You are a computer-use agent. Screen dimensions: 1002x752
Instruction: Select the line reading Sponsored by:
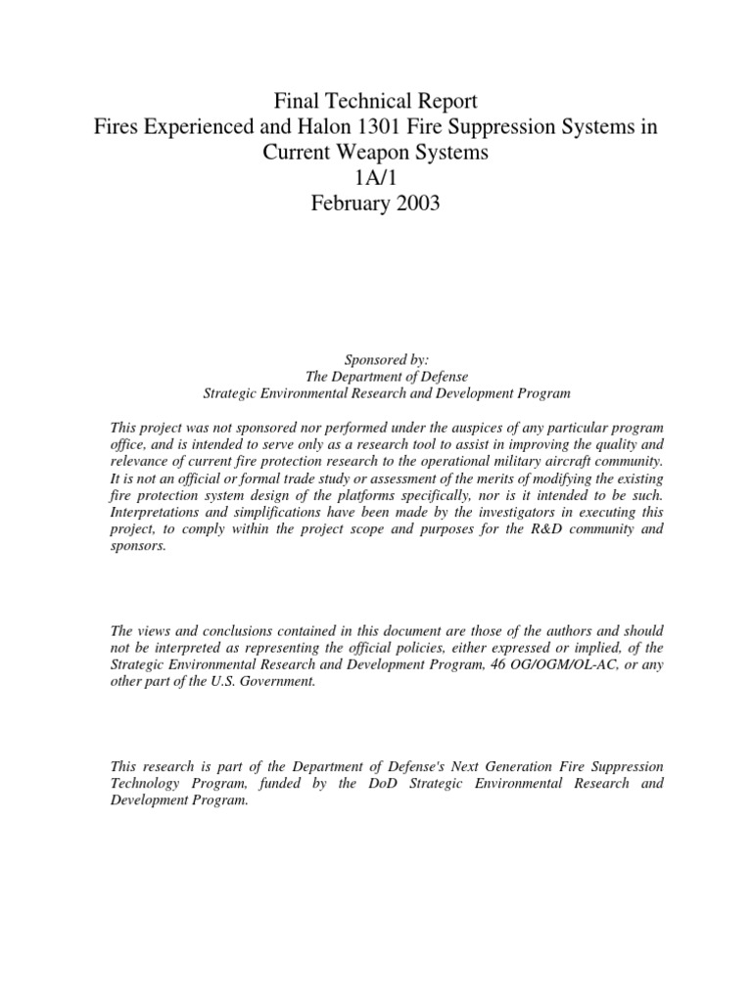point(375,360)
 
